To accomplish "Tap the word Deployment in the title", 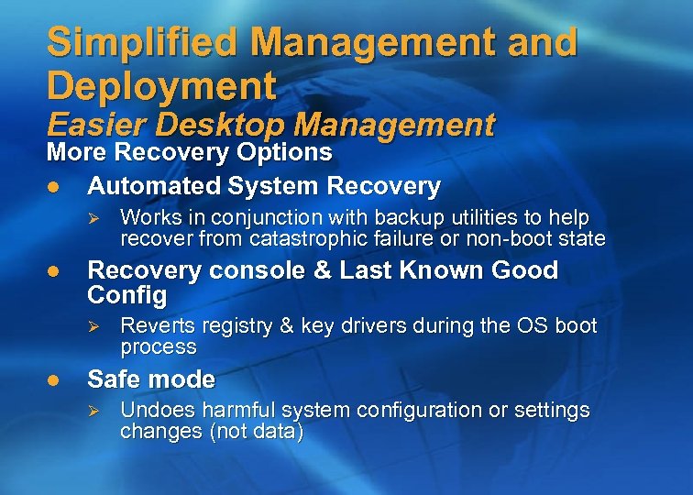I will tap(161, 86).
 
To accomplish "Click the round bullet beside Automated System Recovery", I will tap(54, 186).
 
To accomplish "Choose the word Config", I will tap(127, 295).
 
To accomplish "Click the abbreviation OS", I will tap(529, 326).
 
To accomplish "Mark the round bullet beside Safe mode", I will tap(54, 379).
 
